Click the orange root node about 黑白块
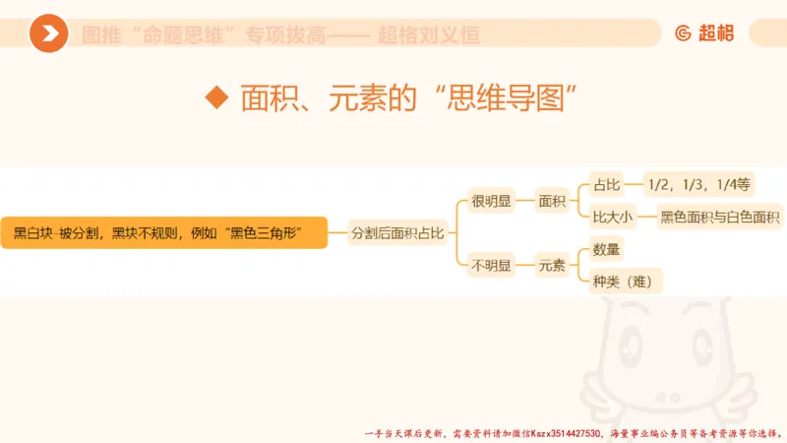pyautogui.click(x=163, y=233)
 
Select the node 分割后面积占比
pyautogui.click(x=398, y=233)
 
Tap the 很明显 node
pyautogui.click(x=492, y=202)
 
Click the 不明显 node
pyautogui.click(x=492, y=265)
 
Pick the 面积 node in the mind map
pyautogui.click(x=552, y=202)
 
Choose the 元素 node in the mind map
pyautogui.click(x=552, y=265)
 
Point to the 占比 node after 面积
pyautogui.click(x=607, y=184)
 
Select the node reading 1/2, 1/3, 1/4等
pyautogui.click(x=697, y=184)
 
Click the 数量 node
pyautogui.click(x=607, y=249)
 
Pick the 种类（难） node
pyautogui.click(x=627, y=282)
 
